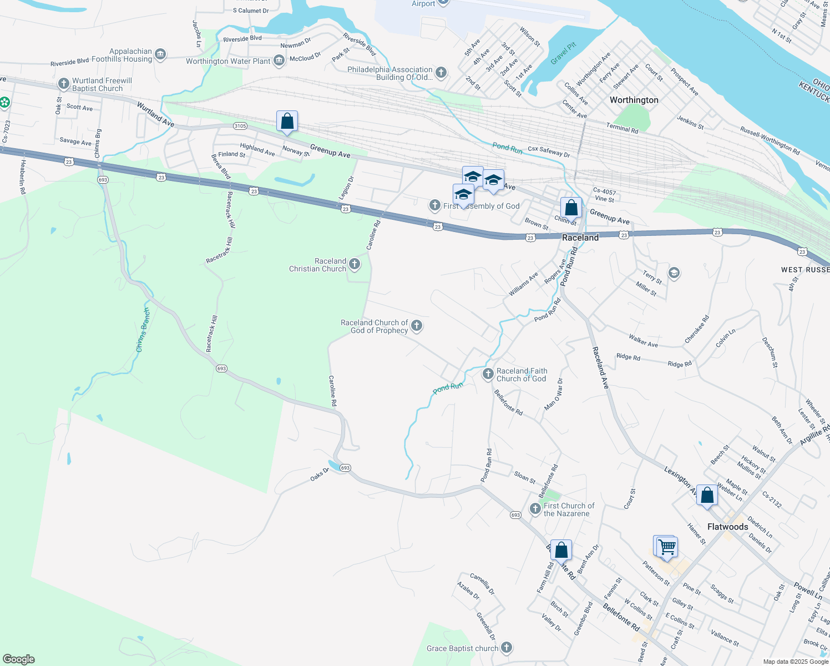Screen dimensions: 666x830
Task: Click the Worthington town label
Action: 634,100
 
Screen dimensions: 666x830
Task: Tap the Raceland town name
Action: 580,238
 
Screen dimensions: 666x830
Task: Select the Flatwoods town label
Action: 727,527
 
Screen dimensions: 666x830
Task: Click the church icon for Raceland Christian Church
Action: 355,265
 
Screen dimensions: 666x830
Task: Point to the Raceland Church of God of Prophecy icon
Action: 417,326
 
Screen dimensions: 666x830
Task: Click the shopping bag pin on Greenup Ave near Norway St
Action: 287,122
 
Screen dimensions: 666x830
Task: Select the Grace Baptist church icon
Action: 506,648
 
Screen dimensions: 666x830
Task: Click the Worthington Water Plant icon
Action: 279,60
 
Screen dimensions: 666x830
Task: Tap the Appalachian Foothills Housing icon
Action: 160,54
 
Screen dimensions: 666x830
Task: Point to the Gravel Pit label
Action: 564,54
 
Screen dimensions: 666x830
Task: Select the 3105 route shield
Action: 240,126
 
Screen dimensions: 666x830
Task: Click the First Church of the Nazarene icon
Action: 535,509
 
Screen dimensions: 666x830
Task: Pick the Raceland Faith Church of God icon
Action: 488,374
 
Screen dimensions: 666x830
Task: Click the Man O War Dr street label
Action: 554,395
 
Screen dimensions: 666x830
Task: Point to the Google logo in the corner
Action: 18,659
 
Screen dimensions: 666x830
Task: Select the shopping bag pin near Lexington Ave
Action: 707,496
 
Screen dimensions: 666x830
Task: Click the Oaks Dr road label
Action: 319,475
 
